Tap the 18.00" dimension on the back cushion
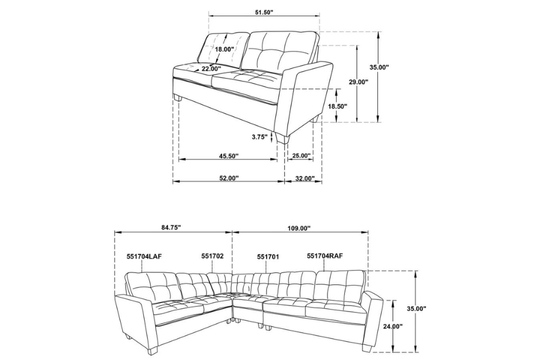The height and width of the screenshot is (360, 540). (x=224, y=49)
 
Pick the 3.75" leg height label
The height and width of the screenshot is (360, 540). (x=259, y=137)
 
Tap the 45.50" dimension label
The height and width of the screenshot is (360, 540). (x=228, y=156)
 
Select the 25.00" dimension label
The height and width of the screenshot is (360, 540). (x=301, y=156)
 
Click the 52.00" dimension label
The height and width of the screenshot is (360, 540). (x=228, y=178)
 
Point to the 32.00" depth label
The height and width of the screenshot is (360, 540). (x=305, y=178)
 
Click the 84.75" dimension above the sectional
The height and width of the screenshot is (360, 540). (x=171, y=227)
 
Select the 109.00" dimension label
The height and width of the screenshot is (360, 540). (x=298, y=228)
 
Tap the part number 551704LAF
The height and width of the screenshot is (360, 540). (x=144, y=256)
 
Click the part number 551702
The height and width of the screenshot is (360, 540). (x=212, y=256)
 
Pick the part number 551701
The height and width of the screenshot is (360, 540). (x=268, y=256)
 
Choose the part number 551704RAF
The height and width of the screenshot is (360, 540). (x=325, y=256)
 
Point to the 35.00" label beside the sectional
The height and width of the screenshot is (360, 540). (x=416, y=308)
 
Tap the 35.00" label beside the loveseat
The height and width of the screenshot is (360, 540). (x=379, y=67)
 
